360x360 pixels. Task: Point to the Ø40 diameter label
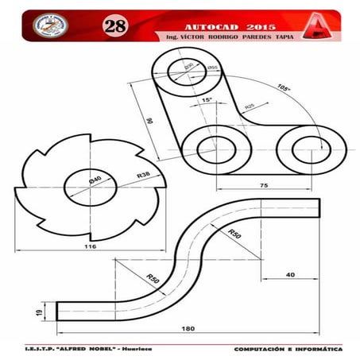click(x=95, y=180)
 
